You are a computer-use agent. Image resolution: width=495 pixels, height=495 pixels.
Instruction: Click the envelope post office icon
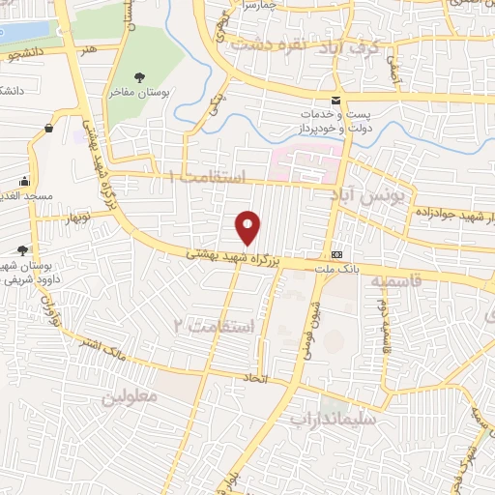pyautogui.click(x=335, y=102)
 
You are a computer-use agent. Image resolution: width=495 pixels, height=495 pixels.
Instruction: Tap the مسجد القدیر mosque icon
pyautogui.click(x=24, y=182)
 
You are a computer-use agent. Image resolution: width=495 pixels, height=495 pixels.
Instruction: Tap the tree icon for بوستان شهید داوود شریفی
pyautogui.click(x=21, y=251)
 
